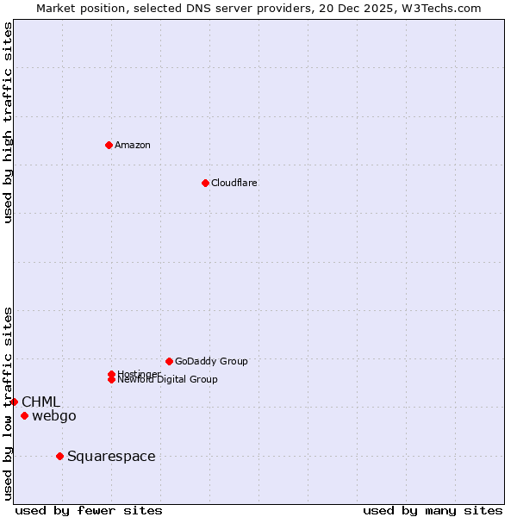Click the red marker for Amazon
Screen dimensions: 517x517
pos(109,145)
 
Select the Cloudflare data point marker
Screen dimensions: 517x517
pos(205,183)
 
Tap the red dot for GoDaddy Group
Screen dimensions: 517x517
pos(169,361)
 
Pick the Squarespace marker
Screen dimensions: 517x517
pos(59,456)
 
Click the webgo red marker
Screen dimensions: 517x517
pos(24,416)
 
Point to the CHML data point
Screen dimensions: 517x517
pos(14,402)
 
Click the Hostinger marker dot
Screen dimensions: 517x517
pos(111,374)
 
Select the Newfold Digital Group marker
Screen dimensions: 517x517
pos(111,379)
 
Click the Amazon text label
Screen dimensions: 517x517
pos(133,145)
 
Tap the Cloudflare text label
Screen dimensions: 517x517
pos(234,183)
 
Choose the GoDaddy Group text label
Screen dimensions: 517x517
pos(211,361)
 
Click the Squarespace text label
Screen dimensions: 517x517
pos(111,457)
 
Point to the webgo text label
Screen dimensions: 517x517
pos(54,416)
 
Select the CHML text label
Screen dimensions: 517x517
pos(40,402)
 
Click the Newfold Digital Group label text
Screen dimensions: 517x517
pos(168,380)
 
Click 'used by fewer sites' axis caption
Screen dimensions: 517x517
pos(89,511)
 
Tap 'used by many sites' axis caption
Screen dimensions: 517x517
pos(433,511)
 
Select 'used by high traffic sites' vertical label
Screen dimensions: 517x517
pos(8,122)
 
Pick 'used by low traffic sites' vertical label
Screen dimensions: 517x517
pos(8,402)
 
